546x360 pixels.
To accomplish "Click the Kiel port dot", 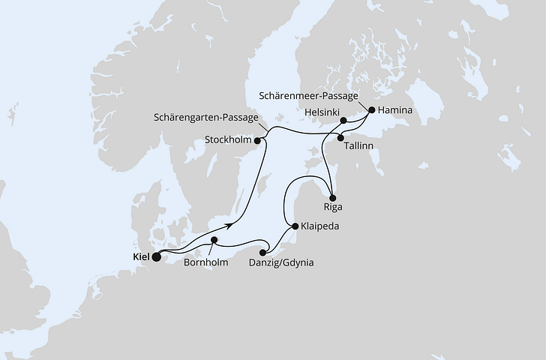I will coord(157,257).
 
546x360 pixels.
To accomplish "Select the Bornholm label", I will coord(206,263).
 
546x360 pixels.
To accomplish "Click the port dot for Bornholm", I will coord(214,241).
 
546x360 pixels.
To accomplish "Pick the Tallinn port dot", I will coord(341,137).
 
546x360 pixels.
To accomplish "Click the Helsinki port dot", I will coord(343,120).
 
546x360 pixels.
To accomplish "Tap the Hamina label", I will coord(395,109).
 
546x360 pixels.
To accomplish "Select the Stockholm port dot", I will coord(257,140).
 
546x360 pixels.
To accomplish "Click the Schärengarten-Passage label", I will coord(207,118).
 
